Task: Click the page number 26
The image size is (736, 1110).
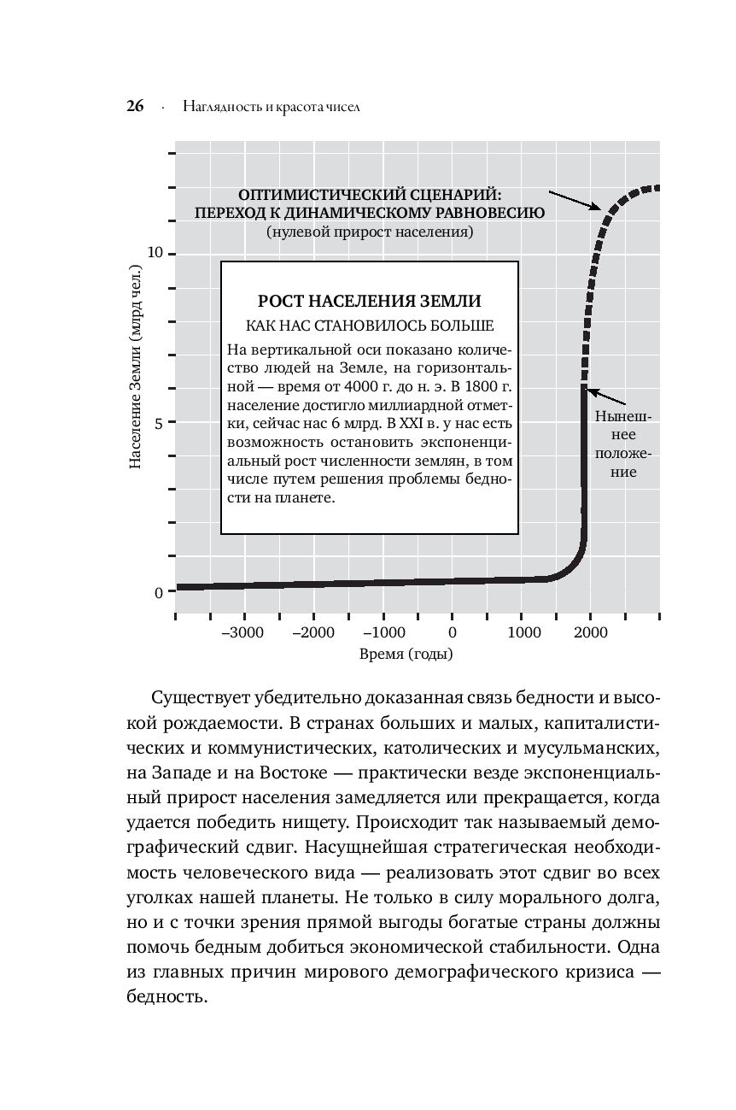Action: [135, 107]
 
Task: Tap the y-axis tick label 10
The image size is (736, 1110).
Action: [155, 254]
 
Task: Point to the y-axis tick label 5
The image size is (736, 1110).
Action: [160, 422]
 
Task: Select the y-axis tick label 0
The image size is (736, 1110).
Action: [160, 591]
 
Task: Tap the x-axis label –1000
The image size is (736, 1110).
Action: [383, 632]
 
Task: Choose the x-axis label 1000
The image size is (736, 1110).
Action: [523, 632]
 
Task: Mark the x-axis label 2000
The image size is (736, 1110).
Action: [591, 632]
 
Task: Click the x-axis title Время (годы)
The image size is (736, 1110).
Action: [406, 655]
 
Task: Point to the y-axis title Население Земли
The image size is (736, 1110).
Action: [135, 367]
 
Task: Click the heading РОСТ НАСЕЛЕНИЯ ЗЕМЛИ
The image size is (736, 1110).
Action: [370, 301]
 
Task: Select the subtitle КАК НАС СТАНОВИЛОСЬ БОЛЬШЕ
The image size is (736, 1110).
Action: [370, 326]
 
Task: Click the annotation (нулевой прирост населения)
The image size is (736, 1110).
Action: [369, 232]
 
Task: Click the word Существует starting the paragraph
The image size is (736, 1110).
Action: [202, 699]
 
